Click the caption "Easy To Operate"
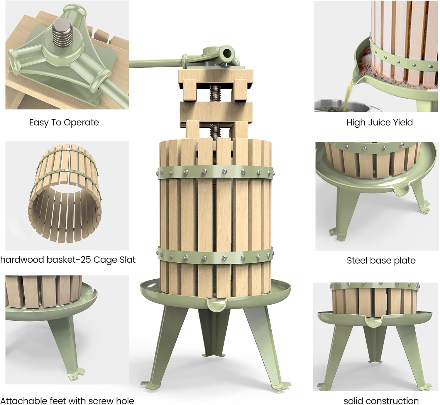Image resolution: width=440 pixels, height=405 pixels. [x=64, y=122]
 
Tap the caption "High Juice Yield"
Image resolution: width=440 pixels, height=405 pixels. [x=379, y=122]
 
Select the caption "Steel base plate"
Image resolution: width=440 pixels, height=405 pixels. [x=381, y=260]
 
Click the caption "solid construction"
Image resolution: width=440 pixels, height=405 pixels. [x=381, y=401]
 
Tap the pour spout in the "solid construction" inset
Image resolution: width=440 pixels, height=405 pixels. [x=373, y=323]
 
